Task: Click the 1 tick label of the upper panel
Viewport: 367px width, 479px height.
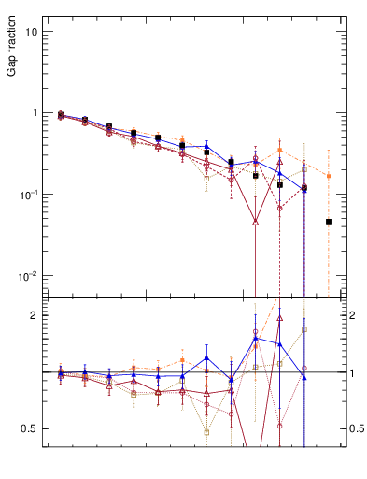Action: coord(34,113)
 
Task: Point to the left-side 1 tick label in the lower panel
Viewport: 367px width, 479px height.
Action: coord(34,373)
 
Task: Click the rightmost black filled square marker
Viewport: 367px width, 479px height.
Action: coord(329,222)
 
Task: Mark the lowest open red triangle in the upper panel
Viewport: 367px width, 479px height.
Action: coord(256,222)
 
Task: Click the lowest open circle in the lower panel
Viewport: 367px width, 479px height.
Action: coord(280,426)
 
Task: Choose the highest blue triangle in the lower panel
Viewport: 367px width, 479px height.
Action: coord(256,339)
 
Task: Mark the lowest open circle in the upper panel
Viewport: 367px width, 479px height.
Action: coord(280,208)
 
